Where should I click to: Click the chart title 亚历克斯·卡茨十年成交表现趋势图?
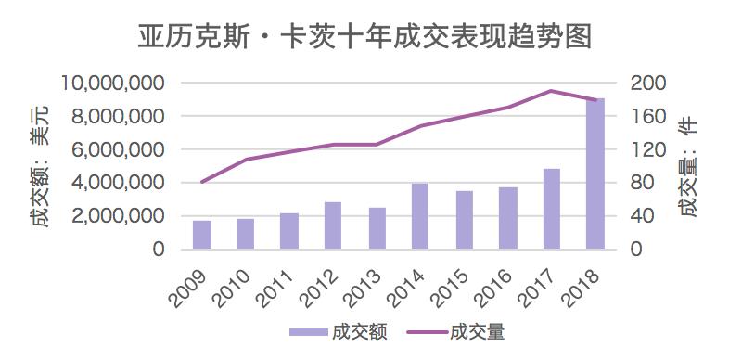tap(364, 36)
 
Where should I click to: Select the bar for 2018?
tap(595, 174)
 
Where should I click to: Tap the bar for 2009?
tap(202, 235)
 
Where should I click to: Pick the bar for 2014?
tap(421, 216)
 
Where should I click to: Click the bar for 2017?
tap(552, 209)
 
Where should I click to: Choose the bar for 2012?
tap(333, 225)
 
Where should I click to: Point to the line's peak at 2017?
tap(552, 91)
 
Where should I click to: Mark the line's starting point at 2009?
tap(202, 182)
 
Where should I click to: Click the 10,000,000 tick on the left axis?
tap(113, 84)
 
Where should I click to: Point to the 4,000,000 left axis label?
tap(118, 183)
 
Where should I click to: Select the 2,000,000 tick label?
tap(118, 216)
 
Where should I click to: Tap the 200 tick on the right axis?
tap(649, 84)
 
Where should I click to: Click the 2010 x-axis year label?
tap(233, 280)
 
